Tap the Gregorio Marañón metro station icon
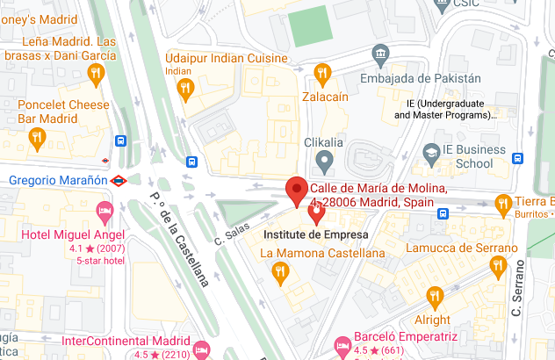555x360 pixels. tap(120, 181)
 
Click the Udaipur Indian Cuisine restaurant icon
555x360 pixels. tap(185, 88)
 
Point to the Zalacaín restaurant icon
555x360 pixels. tap(322, 72)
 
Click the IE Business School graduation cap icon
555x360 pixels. tap(431, 154)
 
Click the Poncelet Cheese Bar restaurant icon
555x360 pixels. tap(37, 138)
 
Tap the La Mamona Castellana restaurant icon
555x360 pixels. tap(279, 271)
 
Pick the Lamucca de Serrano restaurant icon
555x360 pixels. tap(498, 266)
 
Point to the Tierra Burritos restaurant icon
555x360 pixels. tap(502, 204)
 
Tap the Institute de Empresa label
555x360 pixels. tap(316, 235)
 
